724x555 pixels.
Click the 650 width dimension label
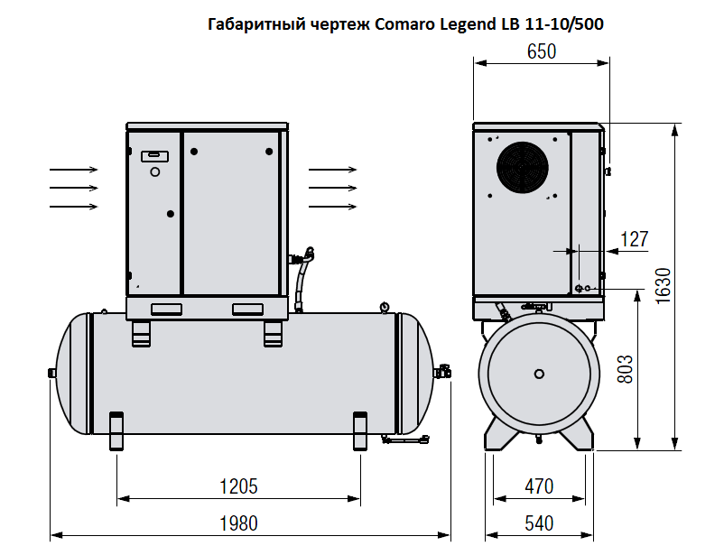pos(541,51)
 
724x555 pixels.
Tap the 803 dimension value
pos(624,370)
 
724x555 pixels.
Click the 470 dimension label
pos(539,487)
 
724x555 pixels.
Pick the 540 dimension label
pos(539,523)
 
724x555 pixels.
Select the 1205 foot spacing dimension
pos(239,486)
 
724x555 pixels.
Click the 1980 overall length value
pos(239,523)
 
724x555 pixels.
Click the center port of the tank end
pos(539,373)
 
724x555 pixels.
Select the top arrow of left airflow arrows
pos(74,169)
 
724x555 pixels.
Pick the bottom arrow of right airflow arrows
pos(330,207)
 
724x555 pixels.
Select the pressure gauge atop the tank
pos(385,306)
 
